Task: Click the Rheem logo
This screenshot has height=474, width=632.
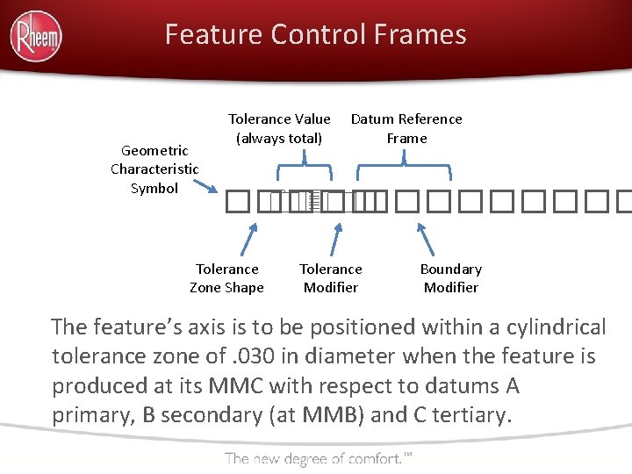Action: [x=36, y=36]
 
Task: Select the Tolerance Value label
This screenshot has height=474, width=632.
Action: [x=279, y=118]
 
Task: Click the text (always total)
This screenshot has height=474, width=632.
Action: [x=279, y=138]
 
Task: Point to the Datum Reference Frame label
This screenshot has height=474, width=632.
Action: [x=406, y=128]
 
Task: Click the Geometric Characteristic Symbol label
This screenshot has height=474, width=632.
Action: [x=154, y=169]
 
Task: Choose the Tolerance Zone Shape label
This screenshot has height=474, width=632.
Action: [x=226, y=278]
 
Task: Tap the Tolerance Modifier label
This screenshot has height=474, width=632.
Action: [x=331, y=278]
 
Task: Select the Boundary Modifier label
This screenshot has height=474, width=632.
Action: [x=450, y=278]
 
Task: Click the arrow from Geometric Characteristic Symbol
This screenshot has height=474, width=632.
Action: [x=207, y=186]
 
